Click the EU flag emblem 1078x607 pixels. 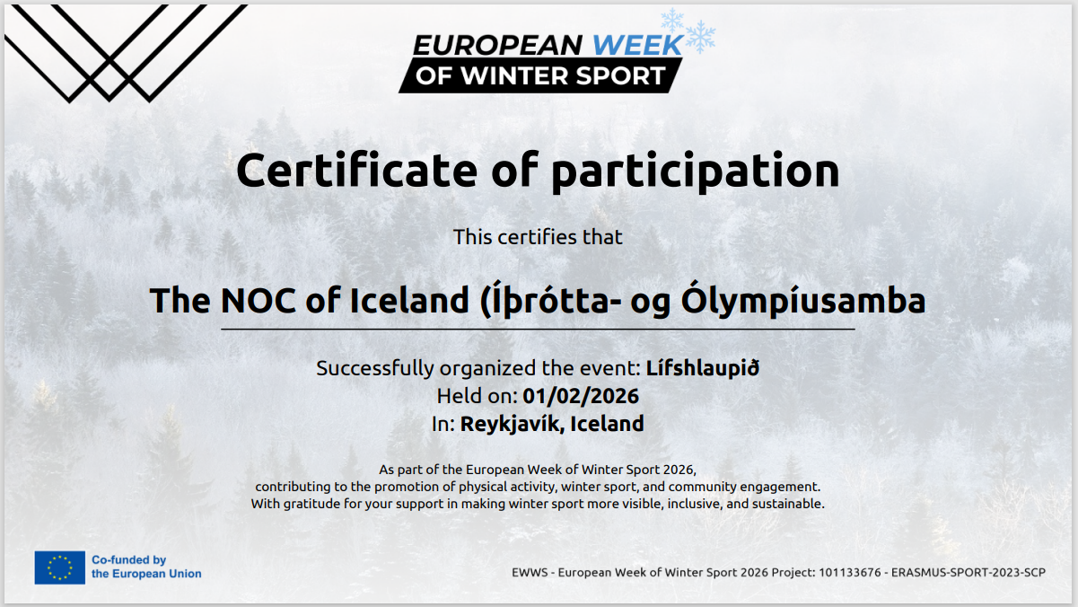(x=59, y=567)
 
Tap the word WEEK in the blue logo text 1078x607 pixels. (x=638, y=45)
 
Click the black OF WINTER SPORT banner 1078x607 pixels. (x=540, y=75)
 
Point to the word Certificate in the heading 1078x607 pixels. (x=356, y=170)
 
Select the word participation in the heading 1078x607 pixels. (x=696, y=172)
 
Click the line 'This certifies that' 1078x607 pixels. (x=538, y=237)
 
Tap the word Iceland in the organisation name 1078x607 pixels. (x=409, y=301)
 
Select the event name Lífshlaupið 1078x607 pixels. (x=702, y=368)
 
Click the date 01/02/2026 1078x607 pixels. (x=581, y=396)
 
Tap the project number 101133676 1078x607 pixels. (x=849, y=572)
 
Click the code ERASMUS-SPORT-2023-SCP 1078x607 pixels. (x=968, y=572)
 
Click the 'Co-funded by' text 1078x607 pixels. (x=128, y=559)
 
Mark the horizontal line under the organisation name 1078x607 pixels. (x=538, y=330)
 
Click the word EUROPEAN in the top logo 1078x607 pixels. (x=497, y=45)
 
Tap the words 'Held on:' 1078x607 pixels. (x=477, y=396)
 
